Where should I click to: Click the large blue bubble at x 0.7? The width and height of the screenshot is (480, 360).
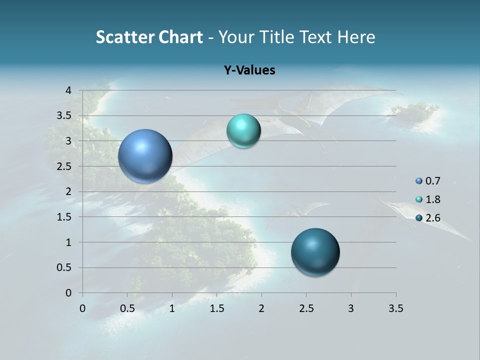pyautogui.click(x=145, y=156)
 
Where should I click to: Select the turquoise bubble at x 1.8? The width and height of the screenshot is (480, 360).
pyautogui.click(x=243, y=131)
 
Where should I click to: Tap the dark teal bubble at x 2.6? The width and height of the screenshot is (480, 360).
pyautogui.click(x=315, y=252)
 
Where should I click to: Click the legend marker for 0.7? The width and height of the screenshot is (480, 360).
pyautogui.click(x=419, y=181)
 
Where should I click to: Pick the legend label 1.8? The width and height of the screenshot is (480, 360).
pyautogui.click(x=432, y=199)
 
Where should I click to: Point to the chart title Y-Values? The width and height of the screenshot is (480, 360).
pyautogui.click(x=249, y=70)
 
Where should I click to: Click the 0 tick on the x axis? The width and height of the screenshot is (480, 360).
pyautogui.click(x=82, y=308)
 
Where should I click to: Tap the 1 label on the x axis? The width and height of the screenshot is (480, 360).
pyautogui.click(x=172, y=308)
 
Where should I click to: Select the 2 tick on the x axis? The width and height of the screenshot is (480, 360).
pyautogui.click(x=261, y=308)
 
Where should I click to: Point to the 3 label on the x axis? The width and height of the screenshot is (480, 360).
pyautogui.click(x=351, y=308)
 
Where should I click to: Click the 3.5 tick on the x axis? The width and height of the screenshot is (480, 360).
pyautogui.click(x=395, y=308)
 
